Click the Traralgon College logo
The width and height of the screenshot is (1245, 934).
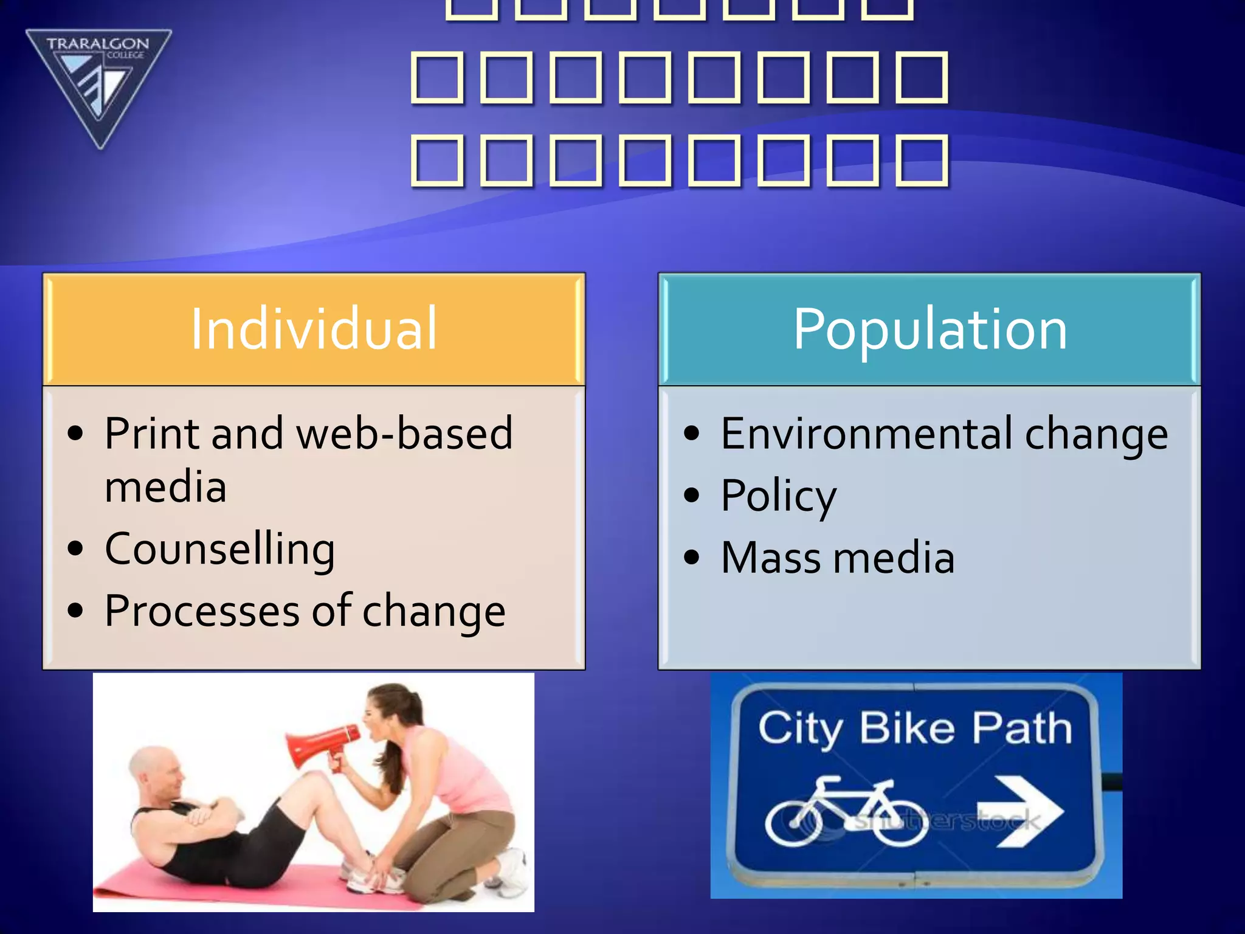coord(98,85)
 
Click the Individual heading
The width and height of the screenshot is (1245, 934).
coord(314,329)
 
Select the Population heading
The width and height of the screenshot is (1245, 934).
coord(929,329)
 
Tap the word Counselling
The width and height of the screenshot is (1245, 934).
coord(219,548)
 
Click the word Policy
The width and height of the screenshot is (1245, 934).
coord(779,496)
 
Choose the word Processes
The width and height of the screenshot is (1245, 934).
coord(202,611)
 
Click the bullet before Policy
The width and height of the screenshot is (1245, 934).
coord(691,495)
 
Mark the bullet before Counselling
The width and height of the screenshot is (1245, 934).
coord(75,548)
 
